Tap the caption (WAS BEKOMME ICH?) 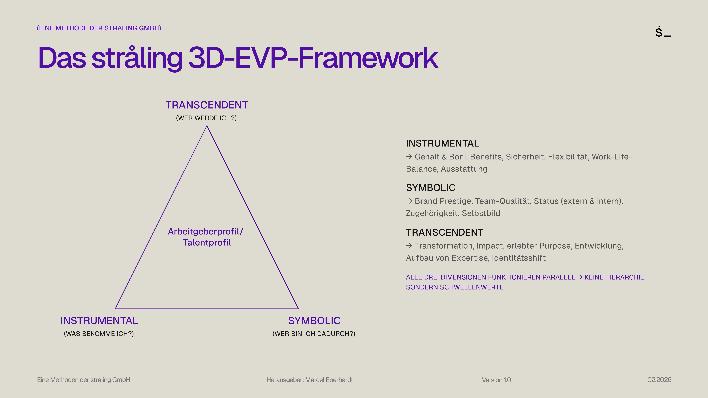tap(99, 334)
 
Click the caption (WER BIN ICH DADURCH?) tap(314, 334)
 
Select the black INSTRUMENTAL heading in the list tap(442, 143)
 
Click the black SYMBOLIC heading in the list tap(431, 188)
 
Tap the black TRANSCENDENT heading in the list tap(445, 232)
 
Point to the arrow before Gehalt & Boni tap(409, 157)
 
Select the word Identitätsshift tap(519, 258)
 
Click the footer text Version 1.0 tap(496, 380)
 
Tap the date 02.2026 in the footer tap(659, 380)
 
